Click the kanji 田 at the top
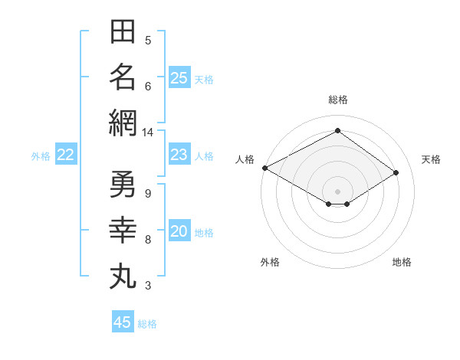123,31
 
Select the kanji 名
123,77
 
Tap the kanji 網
123,123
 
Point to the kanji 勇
123,184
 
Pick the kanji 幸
123,230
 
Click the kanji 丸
123,277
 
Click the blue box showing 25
179,77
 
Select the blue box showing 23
179,154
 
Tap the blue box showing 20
179,230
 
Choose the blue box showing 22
66,154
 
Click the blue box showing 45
123,321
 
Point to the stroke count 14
147,133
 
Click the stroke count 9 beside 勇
148,194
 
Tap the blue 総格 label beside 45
147,324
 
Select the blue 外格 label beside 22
41,156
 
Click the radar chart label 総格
338,100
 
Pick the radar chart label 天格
431,159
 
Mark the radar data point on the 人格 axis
265,168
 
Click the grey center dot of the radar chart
337,191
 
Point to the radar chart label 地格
402,262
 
